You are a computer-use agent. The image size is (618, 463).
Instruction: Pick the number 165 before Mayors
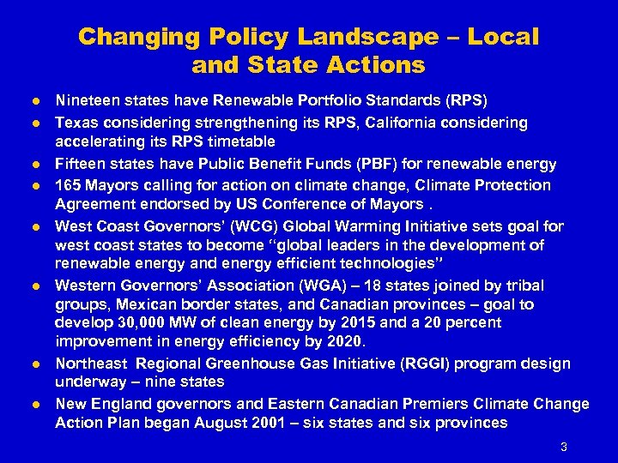[69, 185]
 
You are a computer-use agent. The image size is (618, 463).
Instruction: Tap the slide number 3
[563, 446]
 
